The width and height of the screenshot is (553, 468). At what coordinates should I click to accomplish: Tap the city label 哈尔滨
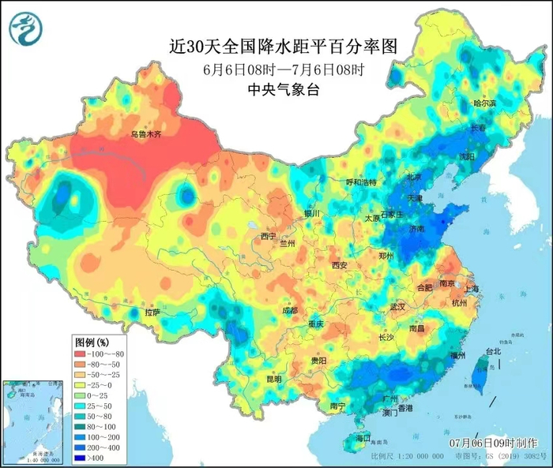click(484, 103)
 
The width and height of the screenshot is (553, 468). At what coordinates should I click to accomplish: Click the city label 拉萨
click(152, 313)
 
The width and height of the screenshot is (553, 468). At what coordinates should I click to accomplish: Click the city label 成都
click(290, 310)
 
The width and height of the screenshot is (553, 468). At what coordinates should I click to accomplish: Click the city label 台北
click(492, 350)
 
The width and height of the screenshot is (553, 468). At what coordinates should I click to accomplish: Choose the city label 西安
click(340, 265)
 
